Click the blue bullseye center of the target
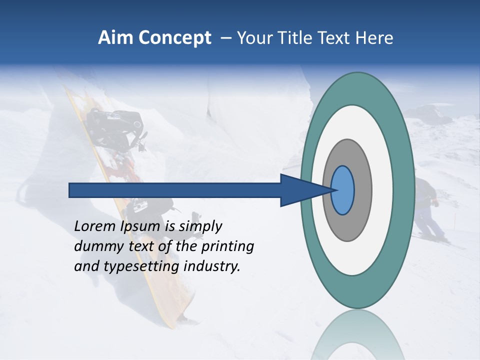click(343, 190)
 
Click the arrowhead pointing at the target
click(300, 190)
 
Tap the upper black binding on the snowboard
click(115, 125)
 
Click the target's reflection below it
click(357, 335)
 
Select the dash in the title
click(225, 38)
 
